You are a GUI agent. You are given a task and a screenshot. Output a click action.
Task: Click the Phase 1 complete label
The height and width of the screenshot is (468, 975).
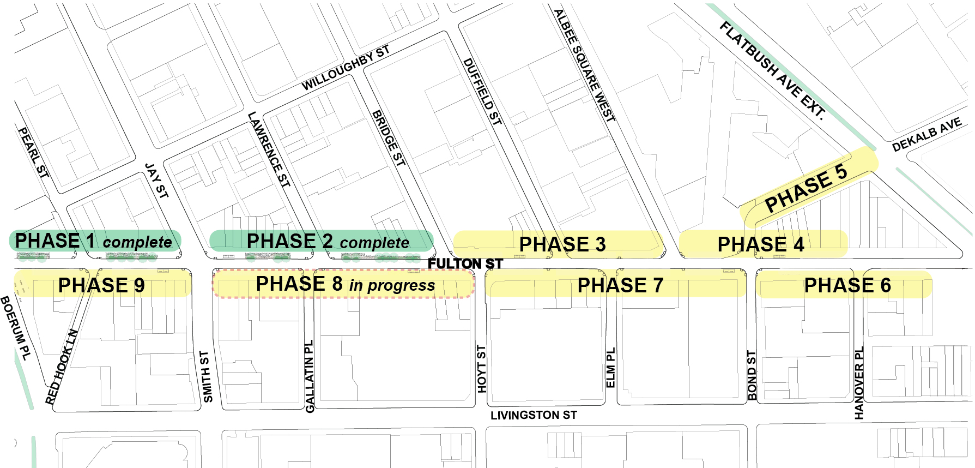pos(93,241)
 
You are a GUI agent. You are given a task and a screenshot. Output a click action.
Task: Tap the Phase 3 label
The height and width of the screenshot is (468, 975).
pos(562,244)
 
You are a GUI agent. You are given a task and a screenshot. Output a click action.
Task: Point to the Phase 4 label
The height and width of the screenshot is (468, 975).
pos(760,244)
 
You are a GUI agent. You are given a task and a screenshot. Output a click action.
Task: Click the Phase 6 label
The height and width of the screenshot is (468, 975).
pos(847,285)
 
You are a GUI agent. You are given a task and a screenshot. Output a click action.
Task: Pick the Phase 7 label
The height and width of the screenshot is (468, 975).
pos(620,285)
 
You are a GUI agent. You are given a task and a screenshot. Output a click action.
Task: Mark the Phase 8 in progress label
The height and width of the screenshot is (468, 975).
pos(345,284)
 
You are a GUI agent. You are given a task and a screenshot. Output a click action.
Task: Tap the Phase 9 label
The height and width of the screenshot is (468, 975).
pos(101,285)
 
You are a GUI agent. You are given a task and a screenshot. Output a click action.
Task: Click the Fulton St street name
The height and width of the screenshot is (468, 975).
pos(465,264)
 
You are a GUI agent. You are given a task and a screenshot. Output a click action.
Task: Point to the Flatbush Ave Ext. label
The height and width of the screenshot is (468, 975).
pos(772,70)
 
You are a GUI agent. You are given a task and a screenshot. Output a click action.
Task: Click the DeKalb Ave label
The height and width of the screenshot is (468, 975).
pos(926,135)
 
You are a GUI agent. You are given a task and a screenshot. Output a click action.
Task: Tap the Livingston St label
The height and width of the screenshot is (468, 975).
pos(533,416)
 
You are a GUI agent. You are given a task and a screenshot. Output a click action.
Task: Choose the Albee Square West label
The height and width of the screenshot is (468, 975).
pos(584,65)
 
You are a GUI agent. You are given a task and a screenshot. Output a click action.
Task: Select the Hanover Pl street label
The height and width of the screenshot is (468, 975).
pos(859,383)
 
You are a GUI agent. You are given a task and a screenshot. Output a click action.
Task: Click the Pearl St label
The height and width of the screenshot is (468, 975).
pos(33,152)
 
